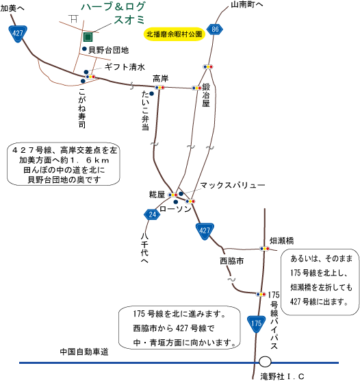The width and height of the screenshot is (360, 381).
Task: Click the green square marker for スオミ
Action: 88,37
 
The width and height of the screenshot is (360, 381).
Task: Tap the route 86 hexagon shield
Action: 215,29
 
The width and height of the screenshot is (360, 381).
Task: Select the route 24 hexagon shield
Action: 152,214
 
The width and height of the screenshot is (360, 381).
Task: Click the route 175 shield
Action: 256,324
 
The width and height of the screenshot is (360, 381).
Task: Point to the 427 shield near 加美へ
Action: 18,34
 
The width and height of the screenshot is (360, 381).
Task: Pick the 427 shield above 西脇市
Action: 205,232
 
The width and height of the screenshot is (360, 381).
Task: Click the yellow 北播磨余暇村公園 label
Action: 175,34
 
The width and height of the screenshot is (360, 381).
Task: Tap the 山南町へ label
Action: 246,5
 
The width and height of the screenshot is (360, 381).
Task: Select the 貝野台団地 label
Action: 109,50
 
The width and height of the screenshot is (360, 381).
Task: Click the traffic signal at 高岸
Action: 159,88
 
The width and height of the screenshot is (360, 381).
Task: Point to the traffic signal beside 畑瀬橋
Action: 264,249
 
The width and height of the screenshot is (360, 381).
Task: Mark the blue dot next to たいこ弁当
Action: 151,94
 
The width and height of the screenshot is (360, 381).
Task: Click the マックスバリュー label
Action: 232,186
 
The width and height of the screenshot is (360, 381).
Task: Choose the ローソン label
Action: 175,209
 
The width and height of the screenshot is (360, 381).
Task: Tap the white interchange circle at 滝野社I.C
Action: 265,362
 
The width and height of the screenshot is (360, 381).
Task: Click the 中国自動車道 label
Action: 84,352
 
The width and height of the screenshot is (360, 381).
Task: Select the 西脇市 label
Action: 231,261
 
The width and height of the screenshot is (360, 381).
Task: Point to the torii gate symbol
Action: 73,19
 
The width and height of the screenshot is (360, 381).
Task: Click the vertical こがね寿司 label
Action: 82,108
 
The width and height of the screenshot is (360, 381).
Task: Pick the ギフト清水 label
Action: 125,67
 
